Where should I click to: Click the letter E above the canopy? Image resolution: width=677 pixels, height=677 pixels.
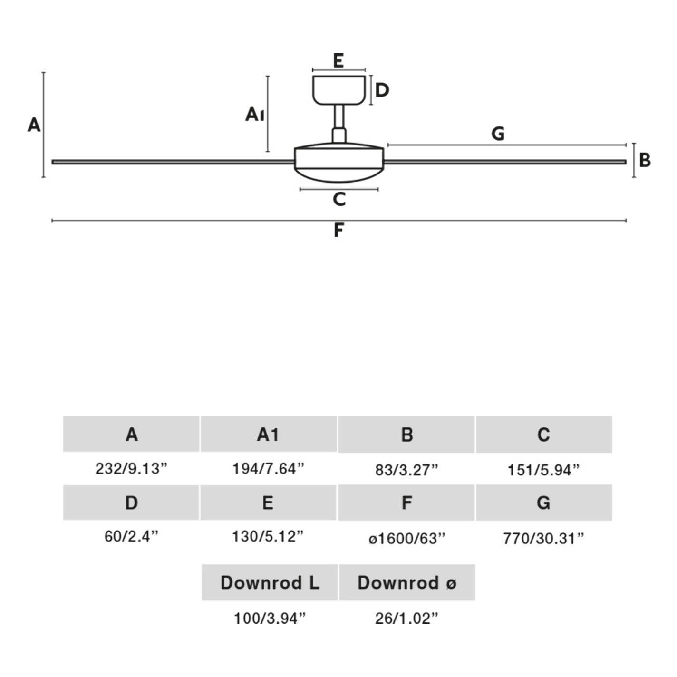[x=338, y=61]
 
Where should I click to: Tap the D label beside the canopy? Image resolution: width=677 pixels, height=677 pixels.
[x=382, y=90]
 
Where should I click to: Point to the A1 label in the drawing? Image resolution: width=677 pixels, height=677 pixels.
[x=255, y=115]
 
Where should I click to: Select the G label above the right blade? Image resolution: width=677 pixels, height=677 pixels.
[x=498, y=134]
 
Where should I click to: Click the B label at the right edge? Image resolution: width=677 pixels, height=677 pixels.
[x=645, y=160]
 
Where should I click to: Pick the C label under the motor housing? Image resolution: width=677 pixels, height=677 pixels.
[x=339, y=199]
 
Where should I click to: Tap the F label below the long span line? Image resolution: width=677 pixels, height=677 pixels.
[x=338, y=230]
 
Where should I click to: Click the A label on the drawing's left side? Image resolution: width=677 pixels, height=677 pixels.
[x=34, y=125]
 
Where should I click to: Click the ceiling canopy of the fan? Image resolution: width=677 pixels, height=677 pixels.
[x=338, y=89]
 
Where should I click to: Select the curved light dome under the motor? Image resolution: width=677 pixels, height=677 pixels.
[x=338, y=174]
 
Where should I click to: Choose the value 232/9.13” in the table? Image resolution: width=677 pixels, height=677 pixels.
[x=132, y=468]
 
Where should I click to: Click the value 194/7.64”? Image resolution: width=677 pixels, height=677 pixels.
[x=268, y=468]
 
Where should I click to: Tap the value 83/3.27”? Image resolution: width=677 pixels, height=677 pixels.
[x=406, y=470]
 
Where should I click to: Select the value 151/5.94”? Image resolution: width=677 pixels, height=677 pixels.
[x=543, y=470]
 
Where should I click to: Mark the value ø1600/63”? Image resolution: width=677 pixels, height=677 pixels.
[x=407, y=538]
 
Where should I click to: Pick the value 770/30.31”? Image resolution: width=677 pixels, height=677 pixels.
[x=543, y=538]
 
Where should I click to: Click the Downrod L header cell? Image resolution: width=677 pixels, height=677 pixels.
[x=270, y=582]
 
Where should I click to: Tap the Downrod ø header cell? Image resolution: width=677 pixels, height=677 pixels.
[x=407, y=582]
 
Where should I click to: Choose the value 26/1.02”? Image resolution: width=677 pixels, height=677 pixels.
[x=406, y=618]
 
